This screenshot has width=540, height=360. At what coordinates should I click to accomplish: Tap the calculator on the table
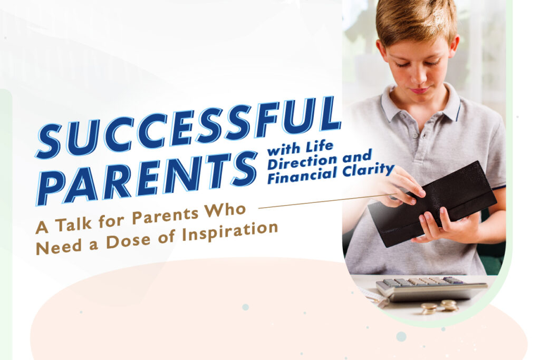[430, 288]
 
